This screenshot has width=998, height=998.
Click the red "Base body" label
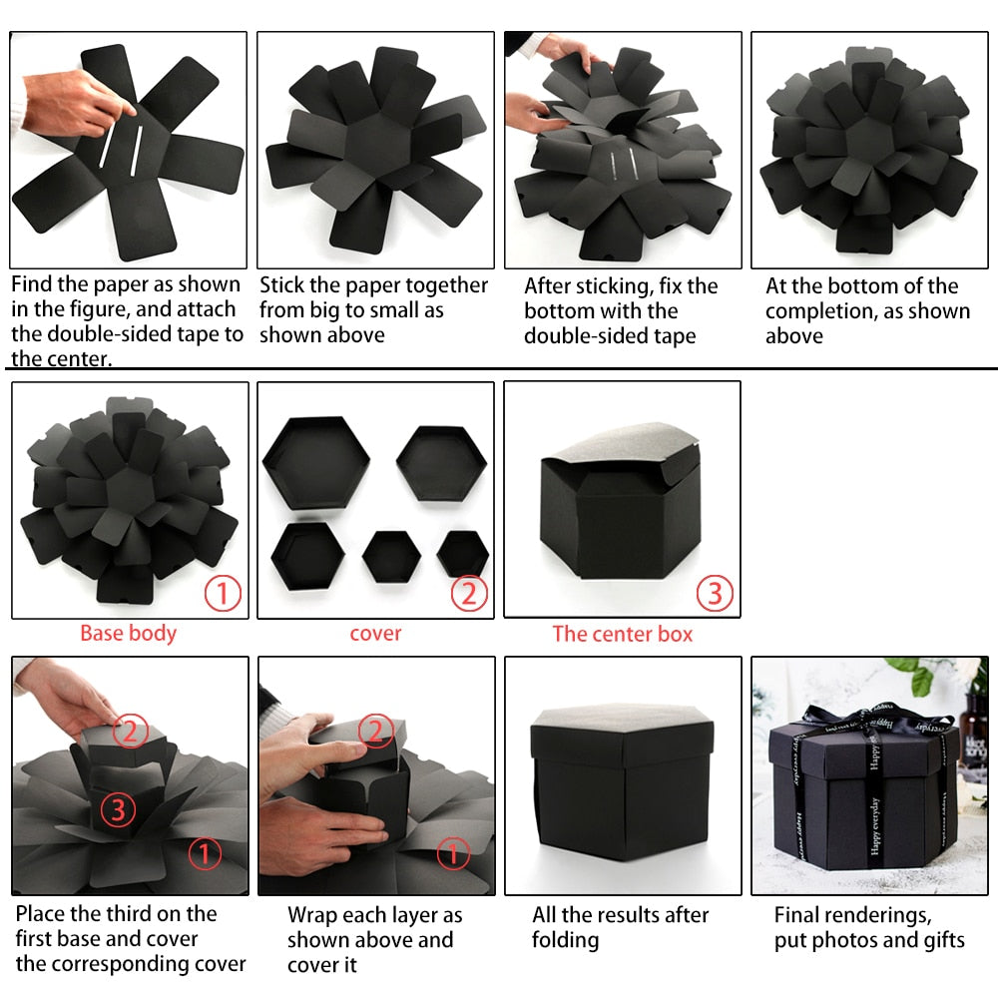tap(128, 634)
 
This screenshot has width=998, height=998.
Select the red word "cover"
tap(375, 634)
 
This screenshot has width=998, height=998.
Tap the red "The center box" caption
tap(622, 634)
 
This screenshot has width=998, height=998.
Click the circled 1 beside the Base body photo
tap(223, 594)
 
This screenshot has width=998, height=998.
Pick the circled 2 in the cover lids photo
tap(469, 594)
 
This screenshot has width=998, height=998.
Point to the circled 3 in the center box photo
tap(715, 594)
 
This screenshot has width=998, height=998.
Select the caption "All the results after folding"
tap(620, 927)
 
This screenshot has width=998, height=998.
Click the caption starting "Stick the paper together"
tap(373, 309)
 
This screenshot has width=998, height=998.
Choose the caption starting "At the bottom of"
tap(867, 310)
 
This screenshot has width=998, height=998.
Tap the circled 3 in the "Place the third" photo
tap(118, 809)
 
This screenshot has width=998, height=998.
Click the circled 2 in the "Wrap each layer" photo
tap(375, 732)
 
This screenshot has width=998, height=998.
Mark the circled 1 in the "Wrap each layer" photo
tap(452, 853)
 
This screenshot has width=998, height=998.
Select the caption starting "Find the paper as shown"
tap(127, 321)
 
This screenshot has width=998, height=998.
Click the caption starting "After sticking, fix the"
tap(621, 310)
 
